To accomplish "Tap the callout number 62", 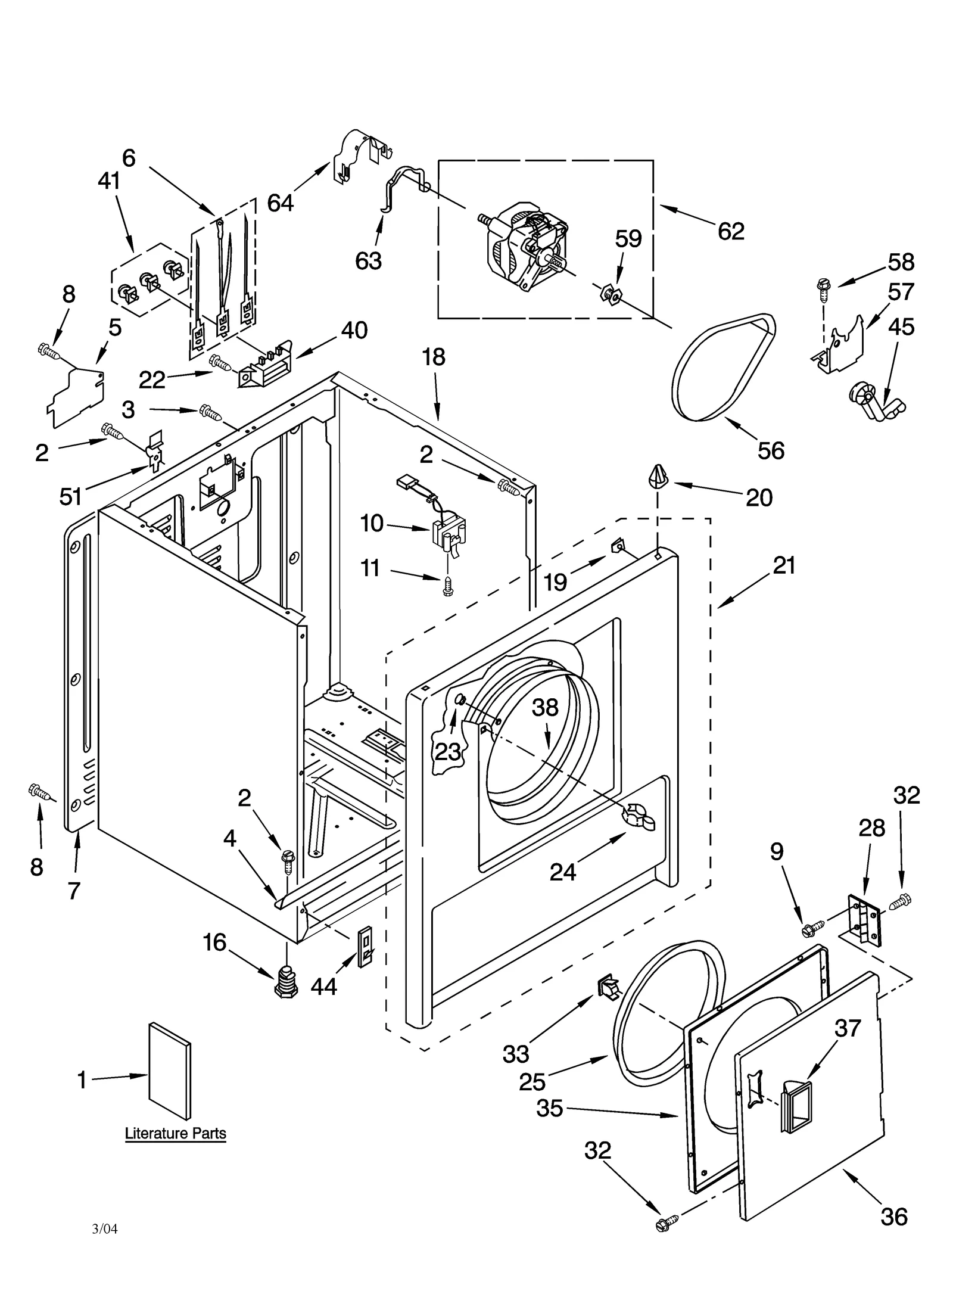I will pyautogui.click(x=731, y=231).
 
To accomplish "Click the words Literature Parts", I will pyautogui.click(x=175, y=1133).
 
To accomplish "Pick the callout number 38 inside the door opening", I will pyautogui.click(x=545, y=707).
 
